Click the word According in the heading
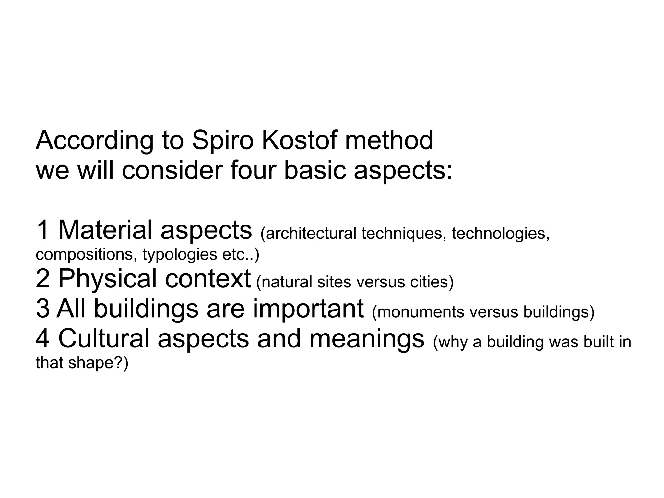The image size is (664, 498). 94,140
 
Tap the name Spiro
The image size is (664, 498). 222,140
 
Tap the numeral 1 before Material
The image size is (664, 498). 42,230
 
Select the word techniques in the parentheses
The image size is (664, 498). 401,233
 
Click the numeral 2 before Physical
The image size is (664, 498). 43,279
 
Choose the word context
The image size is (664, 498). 207,279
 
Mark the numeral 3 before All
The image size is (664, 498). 43,309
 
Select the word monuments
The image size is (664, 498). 419,312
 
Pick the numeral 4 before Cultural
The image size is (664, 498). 43,339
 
